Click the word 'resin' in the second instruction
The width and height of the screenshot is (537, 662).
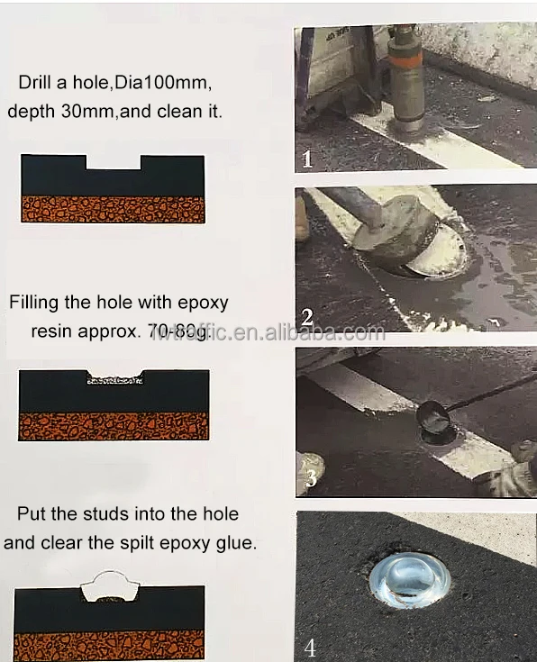click(x=54, y=331)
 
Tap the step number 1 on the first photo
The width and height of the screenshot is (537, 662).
click(x=306, y=160)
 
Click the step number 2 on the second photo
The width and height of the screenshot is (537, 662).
click(x=308, y=316)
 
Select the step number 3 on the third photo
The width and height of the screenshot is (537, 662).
click(x=310, y=477)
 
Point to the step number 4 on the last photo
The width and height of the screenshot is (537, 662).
click(x=310, y=646)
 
